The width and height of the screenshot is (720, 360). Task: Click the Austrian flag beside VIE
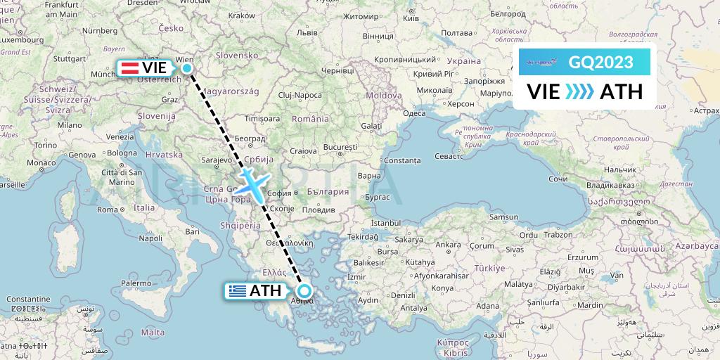click(129, 68)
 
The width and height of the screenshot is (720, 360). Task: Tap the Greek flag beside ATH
click(237, 290)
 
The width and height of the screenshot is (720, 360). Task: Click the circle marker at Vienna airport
click(186, 68)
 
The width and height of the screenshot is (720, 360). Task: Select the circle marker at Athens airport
click(304, 290)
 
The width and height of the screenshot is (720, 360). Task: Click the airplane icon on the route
click(250, 181)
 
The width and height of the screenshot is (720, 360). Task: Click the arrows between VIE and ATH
click(579, 91)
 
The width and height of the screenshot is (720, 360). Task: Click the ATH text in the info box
click(621, 91)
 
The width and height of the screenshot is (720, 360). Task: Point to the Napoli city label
click(150, 238)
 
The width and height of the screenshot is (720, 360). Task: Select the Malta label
click(152, 332)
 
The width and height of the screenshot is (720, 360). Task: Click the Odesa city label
click(414, 113)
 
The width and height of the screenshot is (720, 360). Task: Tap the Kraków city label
click(241, 15)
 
